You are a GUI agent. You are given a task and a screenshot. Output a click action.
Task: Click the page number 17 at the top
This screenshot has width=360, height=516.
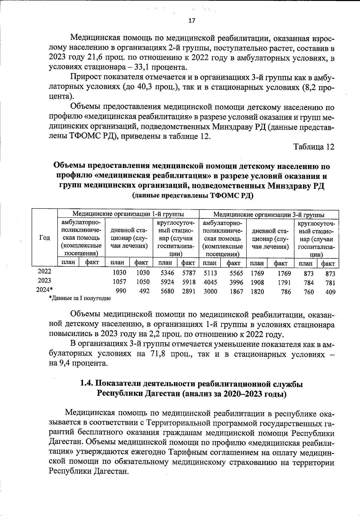click(x=191, y=21)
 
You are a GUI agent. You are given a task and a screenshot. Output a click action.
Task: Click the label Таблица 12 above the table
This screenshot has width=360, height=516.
click(x=313, y=147)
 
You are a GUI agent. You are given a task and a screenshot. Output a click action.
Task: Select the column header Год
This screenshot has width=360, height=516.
click(x=44, y=238)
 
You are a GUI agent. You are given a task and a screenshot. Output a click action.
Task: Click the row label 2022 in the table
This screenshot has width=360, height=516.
click(x=44, y=271)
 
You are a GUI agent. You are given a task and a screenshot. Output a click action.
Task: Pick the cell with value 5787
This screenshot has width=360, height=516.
click(x=189, y=273)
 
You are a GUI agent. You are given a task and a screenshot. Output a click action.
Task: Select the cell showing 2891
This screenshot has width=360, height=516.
click(x=189, y=291)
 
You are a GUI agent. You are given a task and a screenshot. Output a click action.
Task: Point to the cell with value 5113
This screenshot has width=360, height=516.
click(x=210, y=273)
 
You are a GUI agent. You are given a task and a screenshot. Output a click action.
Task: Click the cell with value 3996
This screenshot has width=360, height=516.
click(x=236, y=282)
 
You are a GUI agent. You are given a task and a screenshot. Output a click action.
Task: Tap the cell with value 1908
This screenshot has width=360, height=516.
click(x=257, y=282)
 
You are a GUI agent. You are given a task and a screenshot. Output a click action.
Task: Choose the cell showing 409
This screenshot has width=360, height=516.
click(x=330, y=292)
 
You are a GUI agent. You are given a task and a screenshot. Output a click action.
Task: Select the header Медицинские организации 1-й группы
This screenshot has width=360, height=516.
click(x=128, y=214)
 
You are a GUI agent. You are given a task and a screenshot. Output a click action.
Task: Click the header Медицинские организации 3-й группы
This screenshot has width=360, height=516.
click(x=268, y=214)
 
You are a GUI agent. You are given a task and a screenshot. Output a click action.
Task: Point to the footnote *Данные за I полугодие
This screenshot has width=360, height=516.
click(x=80, y=298)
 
